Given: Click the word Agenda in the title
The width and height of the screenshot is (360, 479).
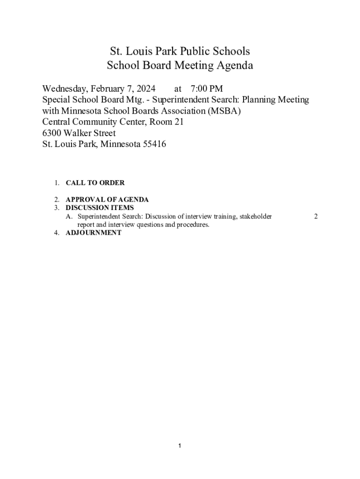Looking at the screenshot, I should pyautogui.click(x=234, y=66).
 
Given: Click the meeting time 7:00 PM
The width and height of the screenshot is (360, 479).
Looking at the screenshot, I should pyautogui.click(x=207, y=89).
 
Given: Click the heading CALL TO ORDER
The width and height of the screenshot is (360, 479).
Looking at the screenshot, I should pyautogui.click(x=95, y=183).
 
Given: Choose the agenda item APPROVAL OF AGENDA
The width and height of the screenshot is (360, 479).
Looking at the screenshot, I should pyautogui.click(x=107, y=200).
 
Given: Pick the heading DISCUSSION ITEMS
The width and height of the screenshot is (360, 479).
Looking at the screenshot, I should pyautogui.click(x=100, y=208).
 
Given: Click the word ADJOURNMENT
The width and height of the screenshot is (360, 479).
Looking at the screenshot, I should pyautogui.click(x=93, y=233).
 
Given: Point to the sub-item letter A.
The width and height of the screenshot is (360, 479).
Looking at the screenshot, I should pyautogui.click(x=69, y=217).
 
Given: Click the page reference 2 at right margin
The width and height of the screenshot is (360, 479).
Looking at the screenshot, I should pyautogui.click(x=316, y=217).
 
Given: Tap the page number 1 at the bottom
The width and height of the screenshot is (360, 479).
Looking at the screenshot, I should pyautogui.click(x=180, y=446).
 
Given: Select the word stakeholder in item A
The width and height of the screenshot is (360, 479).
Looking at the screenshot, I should pyautogui.click(x=255, y=217).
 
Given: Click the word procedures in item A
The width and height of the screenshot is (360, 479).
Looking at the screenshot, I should pyautogui.click(x=192, y=225).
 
